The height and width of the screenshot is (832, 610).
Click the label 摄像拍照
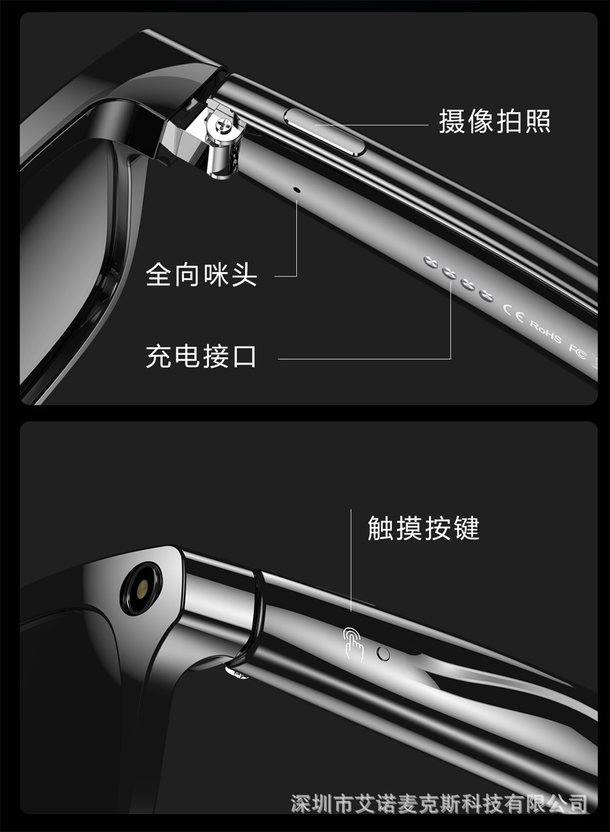[494, 121]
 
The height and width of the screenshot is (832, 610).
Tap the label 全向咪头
[201, 274]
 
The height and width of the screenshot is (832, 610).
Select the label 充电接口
[201, 356]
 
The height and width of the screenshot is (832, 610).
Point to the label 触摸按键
[423, 528]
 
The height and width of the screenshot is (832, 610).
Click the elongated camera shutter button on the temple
[325, 131]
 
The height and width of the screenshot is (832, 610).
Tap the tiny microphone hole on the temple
[296, 190]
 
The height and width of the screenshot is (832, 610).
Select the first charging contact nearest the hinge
[431, 262]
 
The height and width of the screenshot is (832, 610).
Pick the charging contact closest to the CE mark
[486, 296]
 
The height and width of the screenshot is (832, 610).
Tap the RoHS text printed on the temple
[545, 332]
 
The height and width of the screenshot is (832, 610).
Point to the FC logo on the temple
[577, 352]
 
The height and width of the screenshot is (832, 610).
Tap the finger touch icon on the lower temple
[353, 644]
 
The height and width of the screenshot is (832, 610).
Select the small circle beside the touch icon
[383, 653]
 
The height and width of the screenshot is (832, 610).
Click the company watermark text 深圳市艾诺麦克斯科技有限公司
[439, 804]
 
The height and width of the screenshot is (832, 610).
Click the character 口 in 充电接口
[244, 357]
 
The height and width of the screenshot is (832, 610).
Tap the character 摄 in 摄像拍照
[451, 121]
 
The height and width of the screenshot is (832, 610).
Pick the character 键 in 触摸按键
[467, 528]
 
